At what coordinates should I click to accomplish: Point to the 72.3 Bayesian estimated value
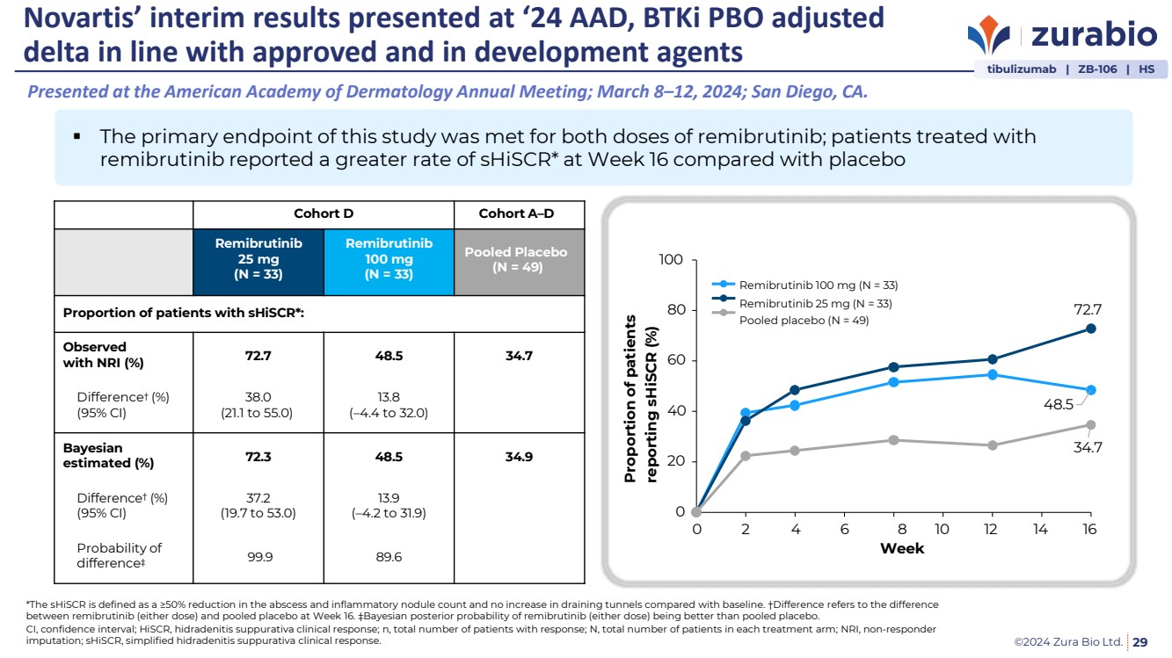tap(258, 457)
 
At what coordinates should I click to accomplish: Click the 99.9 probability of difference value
tap(258, 555)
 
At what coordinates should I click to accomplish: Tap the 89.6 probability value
tap(389, 555)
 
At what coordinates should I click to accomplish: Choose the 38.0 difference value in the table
tap(258, 395)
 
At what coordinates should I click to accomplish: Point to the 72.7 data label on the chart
tap(1088, 309)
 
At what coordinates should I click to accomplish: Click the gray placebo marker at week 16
tap(1090, 425)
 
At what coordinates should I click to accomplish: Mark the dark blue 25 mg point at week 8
tap(893, 367)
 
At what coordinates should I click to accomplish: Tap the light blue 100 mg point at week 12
tap(992, 374)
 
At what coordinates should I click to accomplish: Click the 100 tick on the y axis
tap(671, 260)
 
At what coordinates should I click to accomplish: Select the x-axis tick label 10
tap(942, 529)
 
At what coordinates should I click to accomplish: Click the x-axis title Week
tap(902, 549)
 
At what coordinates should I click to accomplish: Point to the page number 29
tap(1140, 642)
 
